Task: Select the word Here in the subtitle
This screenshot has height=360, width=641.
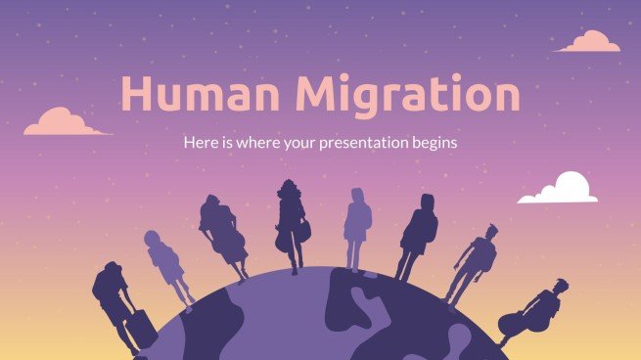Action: (x=199, y=143)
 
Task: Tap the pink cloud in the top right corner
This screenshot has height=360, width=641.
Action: (x=589, y=41)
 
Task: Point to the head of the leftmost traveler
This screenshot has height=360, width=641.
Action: (x=111, y=269)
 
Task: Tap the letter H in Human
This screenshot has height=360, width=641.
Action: (x=135, y=95)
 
